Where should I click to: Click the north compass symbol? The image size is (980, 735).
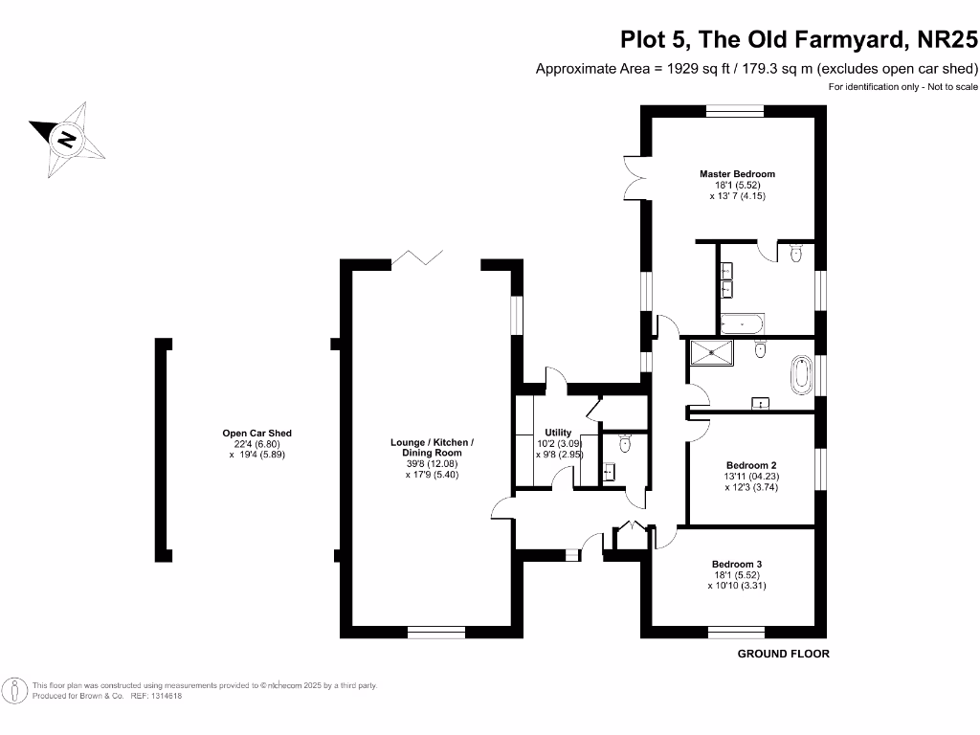point(67,139)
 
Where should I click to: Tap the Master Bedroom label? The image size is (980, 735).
point(737,174)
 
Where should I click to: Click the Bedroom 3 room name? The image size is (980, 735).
point(736,564)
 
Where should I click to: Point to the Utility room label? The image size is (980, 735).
point(558,433)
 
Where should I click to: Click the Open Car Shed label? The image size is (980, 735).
point(256,434)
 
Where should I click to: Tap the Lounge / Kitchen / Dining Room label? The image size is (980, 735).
point(432,447)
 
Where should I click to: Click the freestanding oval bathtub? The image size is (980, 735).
point(801,374)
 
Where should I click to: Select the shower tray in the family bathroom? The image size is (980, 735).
point(711,351)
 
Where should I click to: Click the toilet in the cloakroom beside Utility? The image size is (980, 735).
point(625,442)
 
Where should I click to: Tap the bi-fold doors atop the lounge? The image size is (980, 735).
point(419,256)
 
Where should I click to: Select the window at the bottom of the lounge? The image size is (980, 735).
point(435,632)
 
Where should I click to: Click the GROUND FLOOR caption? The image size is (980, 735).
point(783,654)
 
